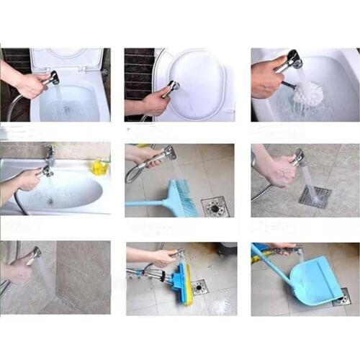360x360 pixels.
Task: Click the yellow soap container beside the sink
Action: point(99,167)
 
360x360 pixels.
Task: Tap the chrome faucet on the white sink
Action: point(49,155)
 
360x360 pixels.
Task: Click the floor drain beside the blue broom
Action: point(215,207)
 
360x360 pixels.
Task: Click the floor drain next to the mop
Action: point(199,287)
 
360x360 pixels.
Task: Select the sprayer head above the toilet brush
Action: point(292,60)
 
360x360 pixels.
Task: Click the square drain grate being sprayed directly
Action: point(315,197)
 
